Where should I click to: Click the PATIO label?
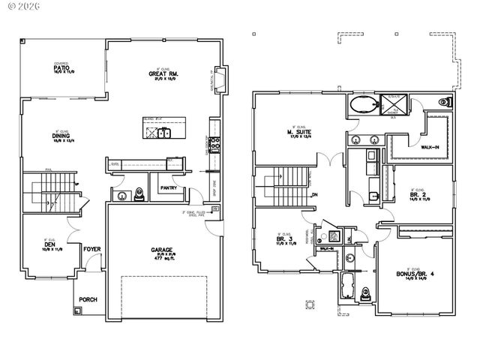point(61,68)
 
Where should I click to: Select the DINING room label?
point(61,136)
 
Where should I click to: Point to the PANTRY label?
point(168,187)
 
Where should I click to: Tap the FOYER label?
point(91,250)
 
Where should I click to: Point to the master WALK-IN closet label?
point(430,147)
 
